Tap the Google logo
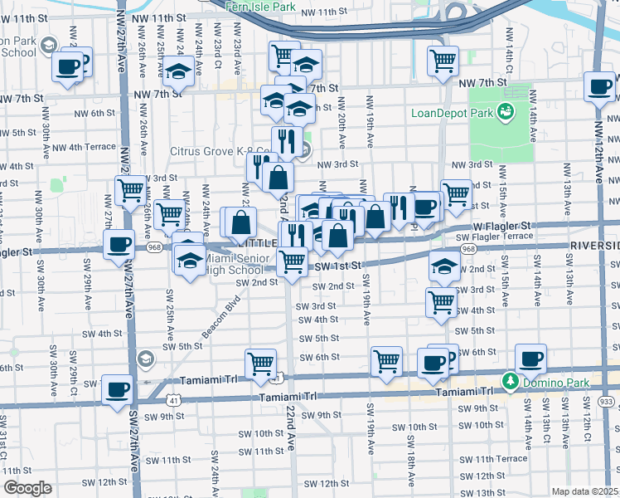coord(27,488)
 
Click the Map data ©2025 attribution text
coord(585,491)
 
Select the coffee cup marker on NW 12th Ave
coord(599,86)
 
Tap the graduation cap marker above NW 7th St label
coord(177,72)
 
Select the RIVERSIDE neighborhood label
coord(594,247)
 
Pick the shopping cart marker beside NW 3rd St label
coord(131,192)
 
